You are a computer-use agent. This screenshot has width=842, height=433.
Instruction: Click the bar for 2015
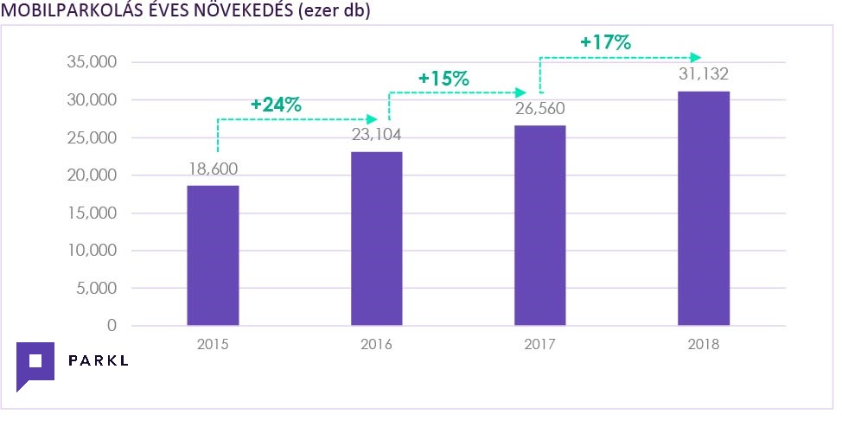tap(213, 255)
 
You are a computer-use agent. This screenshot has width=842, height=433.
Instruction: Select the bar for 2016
tap(376, 239)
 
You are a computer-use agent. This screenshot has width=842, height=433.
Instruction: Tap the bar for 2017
tap(539, 226)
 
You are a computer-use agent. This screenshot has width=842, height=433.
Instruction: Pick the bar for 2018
tap(704, 208)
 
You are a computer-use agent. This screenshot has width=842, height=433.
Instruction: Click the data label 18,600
tap(213, 169)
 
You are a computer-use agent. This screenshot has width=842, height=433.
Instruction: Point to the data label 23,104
tap(376, 135)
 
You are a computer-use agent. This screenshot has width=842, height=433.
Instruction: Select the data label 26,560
tap(539, 109)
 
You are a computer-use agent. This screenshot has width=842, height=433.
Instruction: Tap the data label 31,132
tap(704, 74)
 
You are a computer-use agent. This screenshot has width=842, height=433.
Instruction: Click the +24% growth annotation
tap(276, 105)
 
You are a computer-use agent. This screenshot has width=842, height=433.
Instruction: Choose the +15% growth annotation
tap(443, 78)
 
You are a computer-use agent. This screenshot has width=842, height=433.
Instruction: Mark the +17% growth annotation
tap(606, 41)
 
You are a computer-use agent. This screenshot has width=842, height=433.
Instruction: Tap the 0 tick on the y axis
tap(111, 326)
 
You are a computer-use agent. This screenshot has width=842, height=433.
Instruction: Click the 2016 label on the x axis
tap(376, 344)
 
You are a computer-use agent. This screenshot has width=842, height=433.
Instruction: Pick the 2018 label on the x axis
tap(704, 344)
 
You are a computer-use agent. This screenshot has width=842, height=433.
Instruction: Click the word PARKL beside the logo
tap(98, 360)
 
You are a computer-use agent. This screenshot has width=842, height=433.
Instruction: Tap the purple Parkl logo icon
tap(35, 365)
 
